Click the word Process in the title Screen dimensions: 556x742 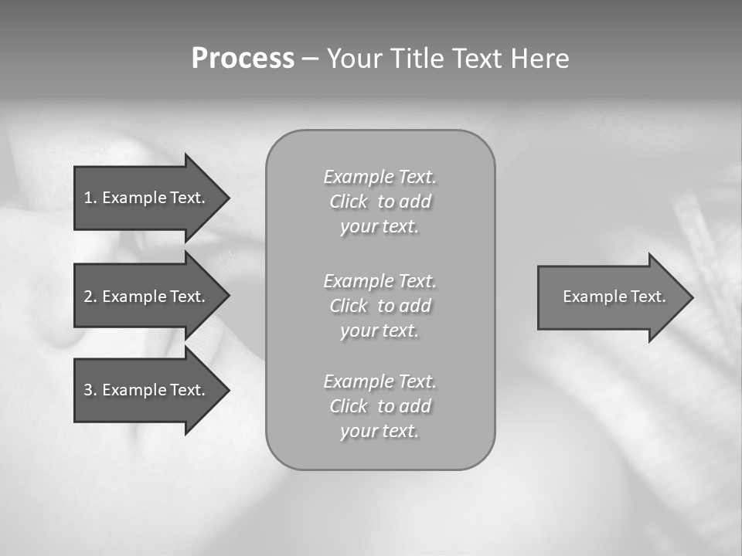(x=243, y=59)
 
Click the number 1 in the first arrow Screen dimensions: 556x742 (x=88, y=198)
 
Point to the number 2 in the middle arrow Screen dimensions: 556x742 (x=88, y=297)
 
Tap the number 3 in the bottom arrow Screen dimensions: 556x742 (x=88, y=390)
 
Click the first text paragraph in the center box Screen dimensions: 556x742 (x=380, y=202)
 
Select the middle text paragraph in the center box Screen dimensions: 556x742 (x=380, y=306)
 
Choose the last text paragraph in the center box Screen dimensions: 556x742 (x=380, y=406)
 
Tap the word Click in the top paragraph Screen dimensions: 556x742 (x=349, y=202)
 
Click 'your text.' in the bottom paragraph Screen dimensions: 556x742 (x=379, y=431)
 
